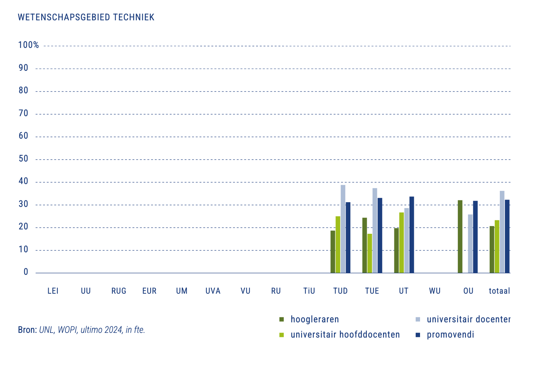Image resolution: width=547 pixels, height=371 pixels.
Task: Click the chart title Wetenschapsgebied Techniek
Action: [x=86, y=17]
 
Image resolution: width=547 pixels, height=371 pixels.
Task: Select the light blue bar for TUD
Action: [x=343, y=229]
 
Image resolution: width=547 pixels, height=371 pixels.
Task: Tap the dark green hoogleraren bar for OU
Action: [x=460, y=236]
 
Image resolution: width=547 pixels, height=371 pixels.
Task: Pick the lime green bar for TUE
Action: [x=370, y=253]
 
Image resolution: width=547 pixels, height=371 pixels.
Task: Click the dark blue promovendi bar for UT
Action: [x=412, y=235]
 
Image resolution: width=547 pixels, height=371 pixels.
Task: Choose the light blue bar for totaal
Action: [x=502, y=232]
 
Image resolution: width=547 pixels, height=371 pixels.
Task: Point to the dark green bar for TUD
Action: [x=333, y=252]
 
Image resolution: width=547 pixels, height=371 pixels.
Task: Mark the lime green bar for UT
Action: [x=401, y=242]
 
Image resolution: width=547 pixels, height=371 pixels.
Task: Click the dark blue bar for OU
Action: [x=475, y=237]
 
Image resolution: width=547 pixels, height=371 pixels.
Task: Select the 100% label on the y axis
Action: [x=29, y=45]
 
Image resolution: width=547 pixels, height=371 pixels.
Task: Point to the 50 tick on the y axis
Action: [x=24, y=159]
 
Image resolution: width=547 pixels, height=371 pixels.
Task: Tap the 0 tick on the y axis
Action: [x=26, y=272]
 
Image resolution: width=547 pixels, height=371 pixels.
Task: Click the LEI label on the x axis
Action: [x=53, y=291]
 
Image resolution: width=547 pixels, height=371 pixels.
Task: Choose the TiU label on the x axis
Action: [x=309, y=291]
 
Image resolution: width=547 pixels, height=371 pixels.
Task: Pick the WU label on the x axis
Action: [x=435, y=291]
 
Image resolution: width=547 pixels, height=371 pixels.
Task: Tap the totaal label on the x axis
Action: [x=499, y=291]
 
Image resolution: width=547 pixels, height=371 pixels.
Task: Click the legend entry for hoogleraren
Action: [x=314, y=319]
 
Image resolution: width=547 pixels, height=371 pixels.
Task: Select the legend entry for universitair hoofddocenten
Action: [x=345, y=335]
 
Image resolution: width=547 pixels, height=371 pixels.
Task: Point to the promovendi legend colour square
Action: [x=418, y=335]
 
